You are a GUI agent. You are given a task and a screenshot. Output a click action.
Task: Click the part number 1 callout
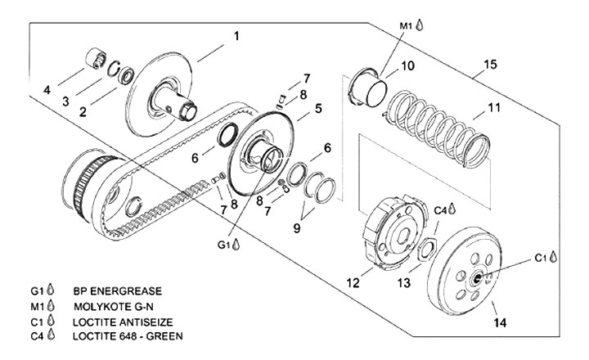point(236,37)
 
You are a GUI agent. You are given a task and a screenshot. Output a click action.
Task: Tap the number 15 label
point(490,65)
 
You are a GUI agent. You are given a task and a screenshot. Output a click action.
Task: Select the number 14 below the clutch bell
point(500,322)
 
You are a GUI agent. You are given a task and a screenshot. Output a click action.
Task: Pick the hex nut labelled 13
point(427,250)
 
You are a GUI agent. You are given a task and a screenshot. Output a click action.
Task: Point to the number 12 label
point(353,282)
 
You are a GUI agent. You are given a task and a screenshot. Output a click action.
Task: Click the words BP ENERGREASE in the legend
point(118,290)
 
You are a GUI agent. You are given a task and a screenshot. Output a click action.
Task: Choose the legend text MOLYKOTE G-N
point(114,307)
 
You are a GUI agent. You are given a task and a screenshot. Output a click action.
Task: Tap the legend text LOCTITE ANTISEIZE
point(123,322)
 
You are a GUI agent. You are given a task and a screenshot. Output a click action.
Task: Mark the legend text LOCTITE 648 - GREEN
point(128,336)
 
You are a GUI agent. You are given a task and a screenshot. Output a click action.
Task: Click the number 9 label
point(297,228)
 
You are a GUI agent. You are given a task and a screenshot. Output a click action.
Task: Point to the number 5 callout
point(318,109)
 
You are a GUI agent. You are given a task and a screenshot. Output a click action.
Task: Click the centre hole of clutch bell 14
point(477,279)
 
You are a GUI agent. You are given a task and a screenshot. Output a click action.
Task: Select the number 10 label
point(407,65)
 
